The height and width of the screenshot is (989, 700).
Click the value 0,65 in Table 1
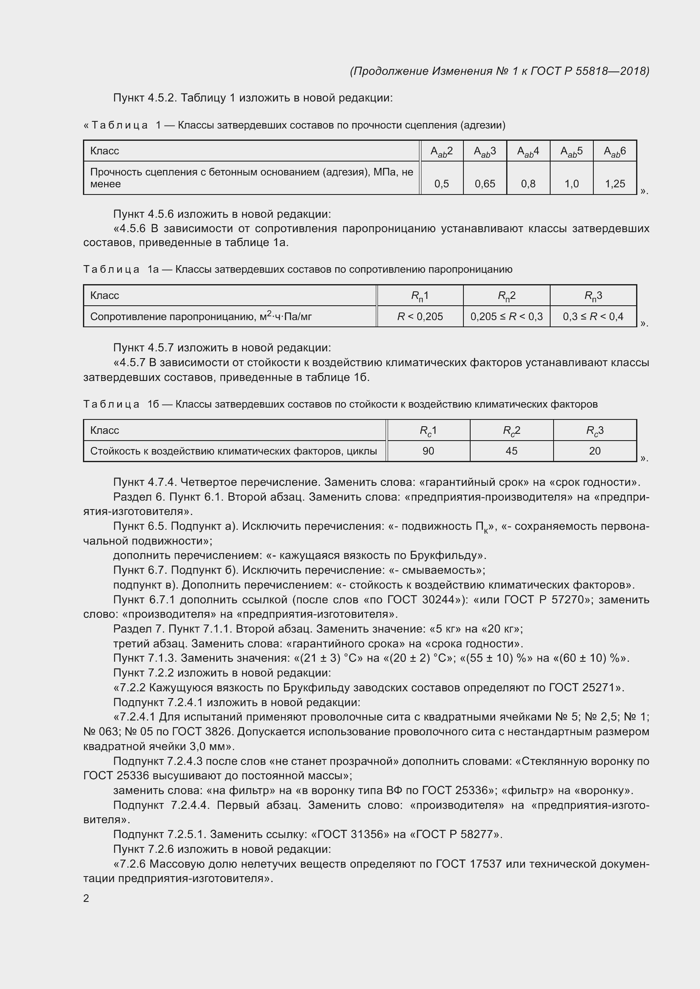485,184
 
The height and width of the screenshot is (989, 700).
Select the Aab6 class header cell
615,151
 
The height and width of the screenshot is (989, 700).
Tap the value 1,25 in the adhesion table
615,184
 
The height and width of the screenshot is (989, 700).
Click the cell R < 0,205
420,317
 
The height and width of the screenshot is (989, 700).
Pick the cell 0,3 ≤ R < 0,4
593,317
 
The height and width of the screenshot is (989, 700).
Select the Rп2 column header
507,296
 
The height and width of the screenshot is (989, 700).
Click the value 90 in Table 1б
428,451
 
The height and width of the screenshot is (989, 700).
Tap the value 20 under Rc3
595,451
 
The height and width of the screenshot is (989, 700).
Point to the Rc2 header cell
512,430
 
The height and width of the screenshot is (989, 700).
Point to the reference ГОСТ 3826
203,732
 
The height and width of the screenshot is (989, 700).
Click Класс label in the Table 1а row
105,296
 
